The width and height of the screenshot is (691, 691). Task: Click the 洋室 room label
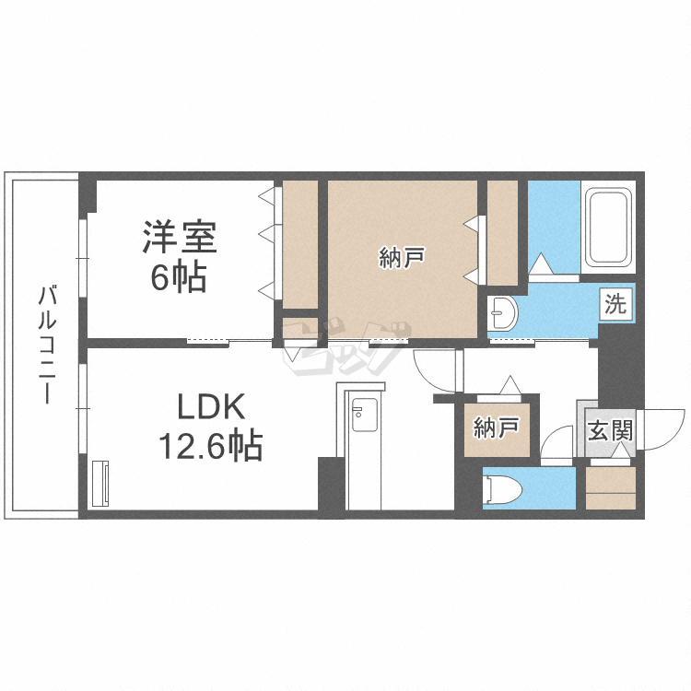point(180,237)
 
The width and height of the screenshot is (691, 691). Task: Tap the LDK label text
point(211,406)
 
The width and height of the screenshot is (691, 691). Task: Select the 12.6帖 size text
point(211,445)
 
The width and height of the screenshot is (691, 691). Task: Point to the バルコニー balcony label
point(47,345)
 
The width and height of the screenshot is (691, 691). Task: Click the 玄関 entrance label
point(611,430)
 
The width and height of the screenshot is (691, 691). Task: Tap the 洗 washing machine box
point(615,304)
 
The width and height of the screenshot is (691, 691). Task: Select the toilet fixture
point(502,488)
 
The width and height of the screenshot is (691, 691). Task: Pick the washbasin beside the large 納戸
point(502,313)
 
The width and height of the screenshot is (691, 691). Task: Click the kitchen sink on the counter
point(365,416)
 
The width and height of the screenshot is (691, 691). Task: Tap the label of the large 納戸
point(402,258)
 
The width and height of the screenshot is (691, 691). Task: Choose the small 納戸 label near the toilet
point(497,427)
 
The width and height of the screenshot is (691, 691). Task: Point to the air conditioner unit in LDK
point(101,484)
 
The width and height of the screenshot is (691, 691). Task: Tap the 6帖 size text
point(179,277)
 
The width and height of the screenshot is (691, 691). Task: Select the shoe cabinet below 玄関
point(611,488)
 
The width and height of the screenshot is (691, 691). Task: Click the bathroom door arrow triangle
point(541,264)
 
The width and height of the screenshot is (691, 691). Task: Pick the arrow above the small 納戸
point(510,385)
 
